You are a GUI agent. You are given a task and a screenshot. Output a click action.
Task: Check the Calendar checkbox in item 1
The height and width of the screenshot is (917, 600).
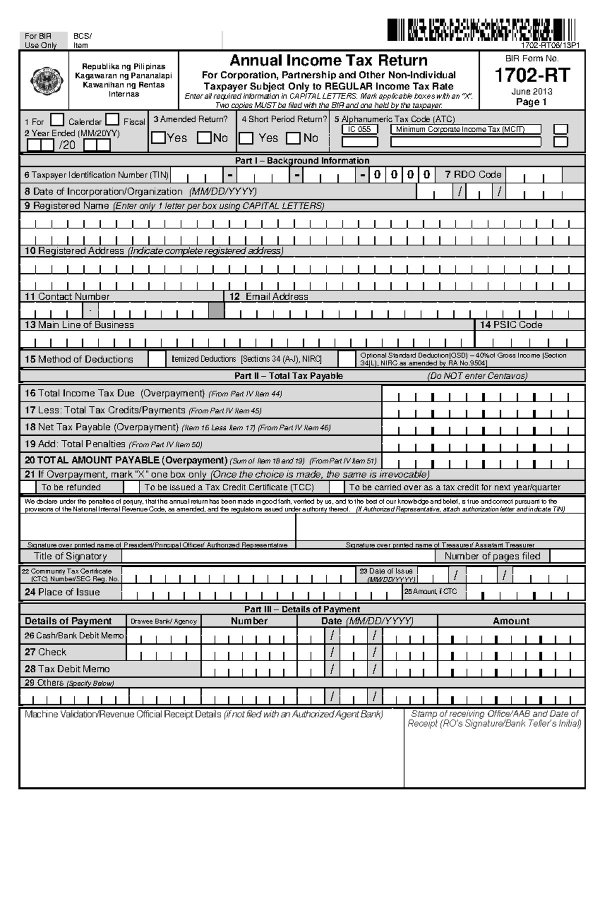click(58, 120)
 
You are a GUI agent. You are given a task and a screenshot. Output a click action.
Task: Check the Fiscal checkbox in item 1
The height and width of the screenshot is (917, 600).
click(112, 120)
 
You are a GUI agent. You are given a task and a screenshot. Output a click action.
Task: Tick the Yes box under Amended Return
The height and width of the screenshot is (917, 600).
click(158, 137)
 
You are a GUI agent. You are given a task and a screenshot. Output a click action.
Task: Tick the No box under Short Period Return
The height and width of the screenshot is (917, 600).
click(293, 138)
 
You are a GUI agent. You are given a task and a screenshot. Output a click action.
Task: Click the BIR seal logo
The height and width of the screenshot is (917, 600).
click(44, 80)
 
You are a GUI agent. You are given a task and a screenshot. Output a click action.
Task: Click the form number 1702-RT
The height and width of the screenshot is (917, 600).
click(532, 75)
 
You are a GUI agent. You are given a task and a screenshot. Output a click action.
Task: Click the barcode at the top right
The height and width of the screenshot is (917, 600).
click(482, 29)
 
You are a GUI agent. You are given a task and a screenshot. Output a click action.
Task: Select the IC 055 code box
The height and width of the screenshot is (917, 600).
click(359, 129)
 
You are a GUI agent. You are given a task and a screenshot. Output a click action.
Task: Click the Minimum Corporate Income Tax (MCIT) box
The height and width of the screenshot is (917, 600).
click(465, 129)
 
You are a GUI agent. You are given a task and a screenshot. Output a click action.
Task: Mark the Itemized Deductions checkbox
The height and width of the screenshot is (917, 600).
click(157, 359)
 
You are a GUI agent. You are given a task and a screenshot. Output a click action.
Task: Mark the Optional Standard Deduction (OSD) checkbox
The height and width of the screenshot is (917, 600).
click(346, 359)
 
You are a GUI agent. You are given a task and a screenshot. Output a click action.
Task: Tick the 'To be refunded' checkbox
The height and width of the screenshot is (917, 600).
click(28, 487)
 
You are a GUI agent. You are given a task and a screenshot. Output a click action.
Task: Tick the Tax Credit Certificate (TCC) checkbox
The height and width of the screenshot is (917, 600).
click(131, 487)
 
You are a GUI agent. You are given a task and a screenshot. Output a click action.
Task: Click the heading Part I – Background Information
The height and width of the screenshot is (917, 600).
click(302, 161)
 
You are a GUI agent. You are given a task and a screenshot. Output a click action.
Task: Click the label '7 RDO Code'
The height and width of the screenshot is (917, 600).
click(473, 174)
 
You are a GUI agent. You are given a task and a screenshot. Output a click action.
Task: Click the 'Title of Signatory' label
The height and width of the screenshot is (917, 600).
click(70, 556)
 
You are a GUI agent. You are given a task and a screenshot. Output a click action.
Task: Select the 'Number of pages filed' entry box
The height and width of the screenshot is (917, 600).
click(567, 556)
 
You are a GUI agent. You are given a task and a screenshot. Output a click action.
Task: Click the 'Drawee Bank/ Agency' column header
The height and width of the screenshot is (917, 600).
click(163, 621)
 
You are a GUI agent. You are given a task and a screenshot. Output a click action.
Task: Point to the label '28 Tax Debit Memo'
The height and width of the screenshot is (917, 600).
click(67, 669)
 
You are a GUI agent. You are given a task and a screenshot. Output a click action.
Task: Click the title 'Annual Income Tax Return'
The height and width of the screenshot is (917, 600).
click(328, 60)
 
